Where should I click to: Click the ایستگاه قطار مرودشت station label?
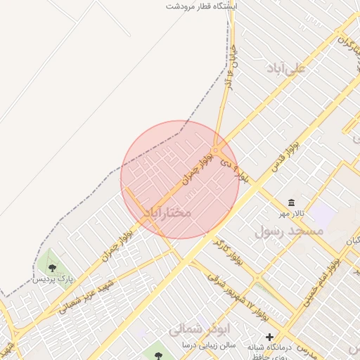tap(202, 6)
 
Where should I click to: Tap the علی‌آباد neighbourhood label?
tap(287, 68)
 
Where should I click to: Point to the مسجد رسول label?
tap(289, 231)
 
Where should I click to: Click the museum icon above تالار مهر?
tap(290, 202)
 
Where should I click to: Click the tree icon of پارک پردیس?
tap(51, 267)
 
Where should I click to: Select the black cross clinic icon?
tap(269, 337)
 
